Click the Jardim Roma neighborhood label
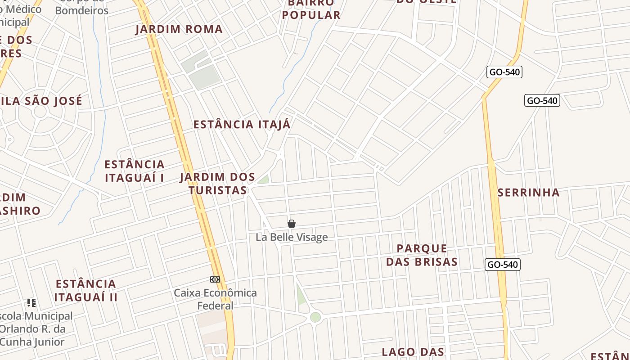(179, 29)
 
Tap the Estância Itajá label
(242, 125)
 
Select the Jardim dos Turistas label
(218, 184)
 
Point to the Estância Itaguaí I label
(135, 171)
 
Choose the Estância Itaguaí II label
(86, 291)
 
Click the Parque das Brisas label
(422, 255)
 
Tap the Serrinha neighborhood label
(529, 193)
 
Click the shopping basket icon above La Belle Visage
(292, 224)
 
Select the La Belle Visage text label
(292, 237)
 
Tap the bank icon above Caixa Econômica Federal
(215, 279)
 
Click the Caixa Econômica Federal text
(216, 299)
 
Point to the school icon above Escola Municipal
(31, 302)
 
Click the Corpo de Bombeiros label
(82, 7)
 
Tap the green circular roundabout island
(315, 317)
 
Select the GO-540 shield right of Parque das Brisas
(503, 265)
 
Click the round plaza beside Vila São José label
(40, 112)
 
